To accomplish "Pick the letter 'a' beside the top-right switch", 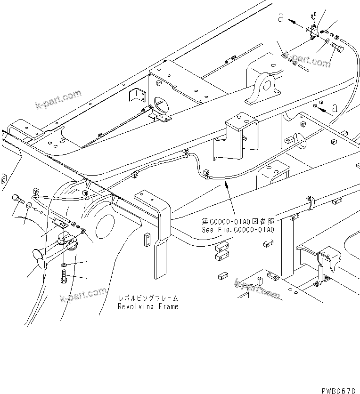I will [281, 18].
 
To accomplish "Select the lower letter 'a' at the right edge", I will [335, 107].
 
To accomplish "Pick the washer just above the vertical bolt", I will [64, 266].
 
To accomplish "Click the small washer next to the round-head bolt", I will [29, 205].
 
